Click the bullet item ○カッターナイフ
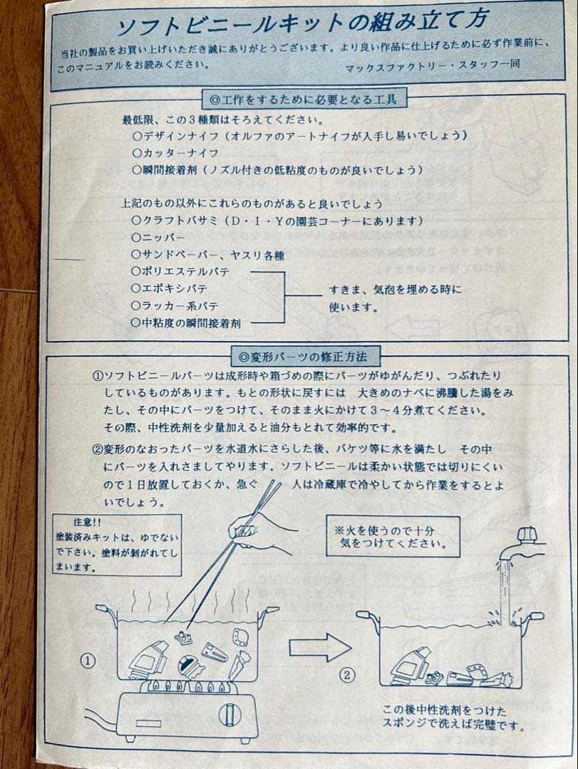[175, 153]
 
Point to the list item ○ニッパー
[159, 237]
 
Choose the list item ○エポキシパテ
[170, 288]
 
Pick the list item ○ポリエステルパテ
[180, 271]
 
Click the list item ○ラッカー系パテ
[175, 305]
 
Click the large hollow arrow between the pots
[319, 647]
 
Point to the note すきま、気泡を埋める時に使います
[394, 298]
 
